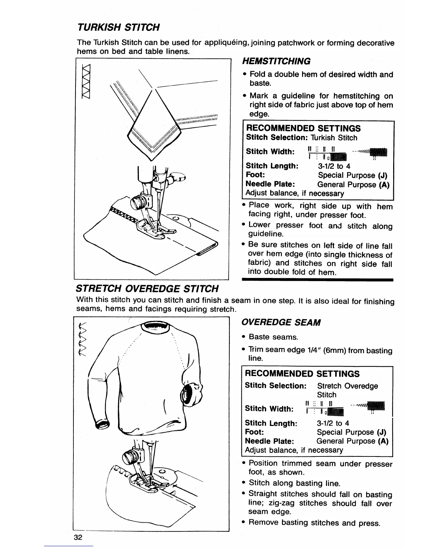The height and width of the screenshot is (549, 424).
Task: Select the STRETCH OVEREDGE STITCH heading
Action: pyautogui.click(x=147, y=288)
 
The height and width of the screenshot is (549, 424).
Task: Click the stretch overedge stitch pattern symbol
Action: pyautogui.click(x=82, y=339)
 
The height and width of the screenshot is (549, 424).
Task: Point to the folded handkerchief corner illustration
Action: pyautogui.click(x=152, y=133)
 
